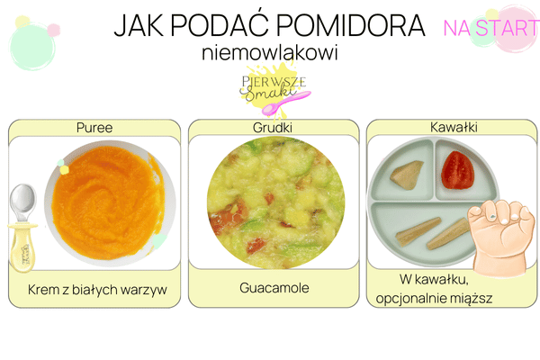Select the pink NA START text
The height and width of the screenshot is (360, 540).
click(x=490, y=27)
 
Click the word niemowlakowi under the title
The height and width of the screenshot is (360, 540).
click(x=270, y=53)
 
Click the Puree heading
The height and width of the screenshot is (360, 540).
click(x=94, y=128)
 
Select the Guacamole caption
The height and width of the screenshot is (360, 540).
click(x=274, y=288)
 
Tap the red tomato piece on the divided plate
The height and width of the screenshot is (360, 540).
click(x=456, y=170)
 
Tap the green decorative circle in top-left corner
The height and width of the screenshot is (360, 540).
click(x=32, y=40)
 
